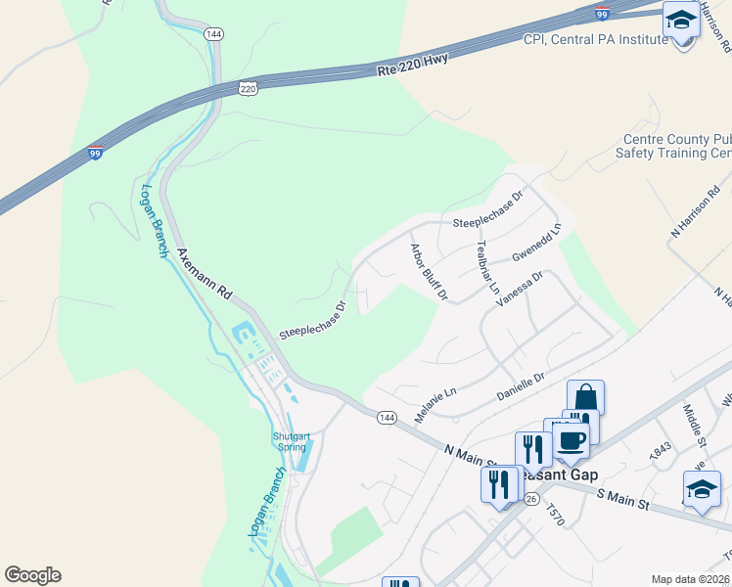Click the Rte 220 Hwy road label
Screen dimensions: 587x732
tap(414, 70)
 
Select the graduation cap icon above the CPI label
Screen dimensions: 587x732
tap(681, 20)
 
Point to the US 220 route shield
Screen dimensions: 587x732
tap(249, 88)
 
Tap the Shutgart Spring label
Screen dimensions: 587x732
tap(289, 442)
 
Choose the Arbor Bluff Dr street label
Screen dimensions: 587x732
tap(429, 271)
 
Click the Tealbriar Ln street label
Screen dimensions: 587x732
tap(486, 267)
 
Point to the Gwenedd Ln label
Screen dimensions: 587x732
tap(537, 244)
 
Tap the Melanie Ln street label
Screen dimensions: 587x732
tap(435, 403)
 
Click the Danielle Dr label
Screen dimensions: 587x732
tap(520, 384)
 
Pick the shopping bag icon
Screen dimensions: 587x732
tap(585, 397)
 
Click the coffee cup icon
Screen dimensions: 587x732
tap(572, 440)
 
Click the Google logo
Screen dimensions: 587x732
tap(32, 575)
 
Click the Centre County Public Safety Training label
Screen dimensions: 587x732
tap(673, 147)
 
